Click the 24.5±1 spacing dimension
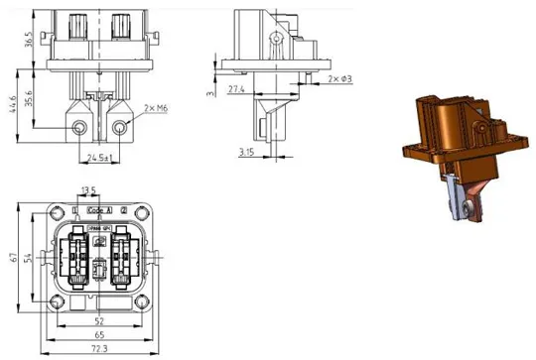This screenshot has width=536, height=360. point(100,157)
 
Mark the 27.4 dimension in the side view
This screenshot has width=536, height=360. point(236,89)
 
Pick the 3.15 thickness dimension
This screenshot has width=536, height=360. point(245,151)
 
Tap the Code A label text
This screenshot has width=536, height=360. point(101,211)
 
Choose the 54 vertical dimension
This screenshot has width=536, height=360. point(30,258)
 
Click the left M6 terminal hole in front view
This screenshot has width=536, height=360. point(80,128)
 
